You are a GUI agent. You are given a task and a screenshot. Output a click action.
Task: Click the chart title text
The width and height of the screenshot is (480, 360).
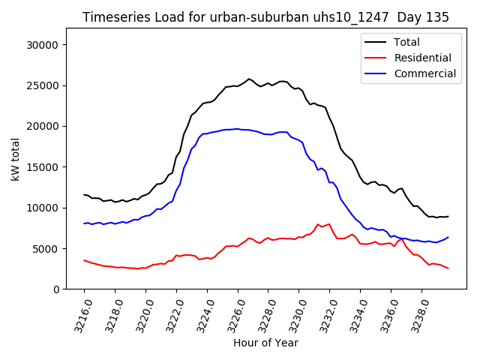click(x=265, y=17)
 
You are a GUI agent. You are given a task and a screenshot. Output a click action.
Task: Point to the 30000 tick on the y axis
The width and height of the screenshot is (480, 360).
click(x=43, y=45)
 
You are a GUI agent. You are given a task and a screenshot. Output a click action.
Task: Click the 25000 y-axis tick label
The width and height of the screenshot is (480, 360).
click(x=43, y=85)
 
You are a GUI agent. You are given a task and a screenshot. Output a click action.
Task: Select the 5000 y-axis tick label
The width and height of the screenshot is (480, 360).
click(x=46, y=249)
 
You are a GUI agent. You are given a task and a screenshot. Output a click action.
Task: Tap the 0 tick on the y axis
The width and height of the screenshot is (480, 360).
click(x=56, y=289)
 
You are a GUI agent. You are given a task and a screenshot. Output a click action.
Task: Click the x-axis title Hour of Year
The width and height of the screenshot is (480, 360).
click(x=265, y=343)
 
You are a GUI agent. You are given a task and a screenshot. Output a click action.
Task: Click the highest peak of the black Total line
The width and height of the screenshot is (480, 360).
click(x=249, y=79)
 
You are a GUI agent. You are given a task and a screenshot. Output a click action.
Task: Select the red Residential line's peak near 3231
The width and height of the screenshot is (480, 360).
click(x=318, y=223)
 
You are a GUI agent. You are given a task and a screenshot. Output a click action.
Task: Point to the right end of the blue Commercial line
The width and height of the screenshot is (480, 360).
click(x=448, y=237)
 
